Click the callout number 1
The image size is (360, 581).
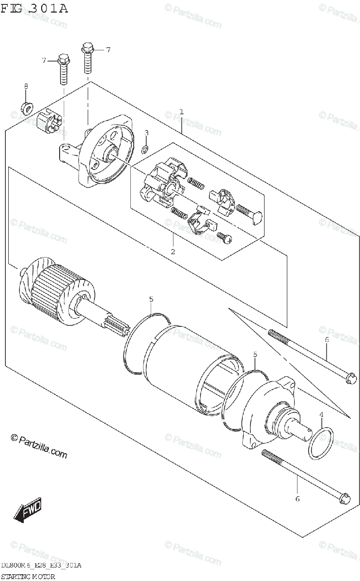tap(182, 112)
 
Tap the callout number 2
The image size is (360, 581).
tap(173, 251)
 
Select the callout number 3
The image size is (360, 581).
tap(147, 133)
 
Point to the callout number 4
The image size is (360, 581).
tap(321, 415)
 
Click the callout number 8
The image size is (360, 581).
tap(26, 86)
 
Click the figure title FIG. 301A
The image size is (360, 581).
tap(34, 9)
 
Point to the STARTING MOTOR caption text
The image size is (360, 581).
tap(28, 577)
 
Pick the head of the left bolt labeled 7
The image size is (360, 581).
tap(63, 60)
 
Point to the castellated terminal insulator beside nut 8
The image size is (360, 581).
tap(50, 121)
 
